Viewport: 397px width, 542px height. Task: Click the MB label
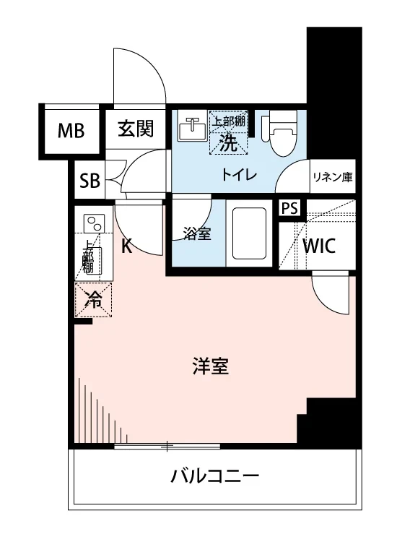[x=71, y=131]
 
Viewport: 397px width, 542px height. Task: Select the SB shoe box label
[x=90, y=181]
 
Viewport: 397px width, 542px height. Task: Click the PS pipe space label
[x=289, y=208]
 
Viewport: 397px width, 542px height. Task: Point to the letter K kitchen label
[x=126, y=247]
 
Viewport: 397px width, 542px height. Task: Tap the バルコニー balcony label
[x=214, y=476]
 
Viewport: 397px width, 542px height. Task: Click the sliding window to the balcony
[x=166, y=446]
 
